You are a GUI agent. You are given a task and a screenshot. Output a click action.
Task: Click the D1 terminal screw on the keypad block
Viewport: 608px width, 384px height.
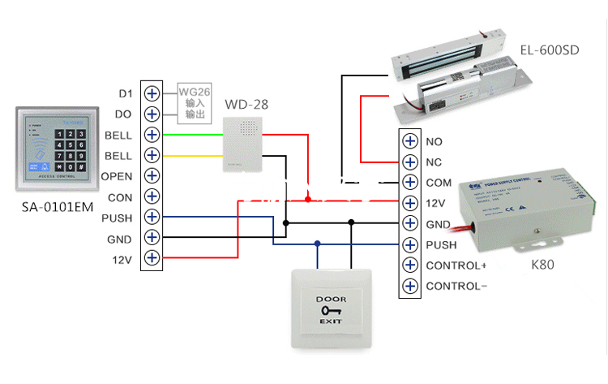pos(152,93)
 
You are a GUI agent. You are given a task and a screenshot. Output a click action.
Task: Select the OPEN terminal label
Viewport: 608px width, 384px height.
pos(117,176)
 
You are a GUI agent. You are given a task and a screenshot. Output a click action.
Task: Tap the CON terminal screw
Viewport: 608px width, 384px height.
pos(152,197)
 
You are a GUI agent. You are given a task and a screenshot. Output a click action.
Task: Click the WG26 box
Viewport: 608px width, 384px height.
pos(195,103)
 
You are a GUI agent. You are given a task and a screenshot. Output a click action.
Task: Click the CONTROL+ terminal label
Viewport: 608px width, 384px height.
pos(456,265)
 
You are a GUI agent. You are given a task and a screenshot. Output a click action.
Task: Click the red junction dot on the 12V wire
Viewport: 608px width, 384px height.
pos(307,199)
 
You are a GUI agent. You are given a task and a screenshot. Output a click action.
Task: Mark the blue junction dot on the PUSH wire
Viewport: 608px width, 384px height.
pos(317,243)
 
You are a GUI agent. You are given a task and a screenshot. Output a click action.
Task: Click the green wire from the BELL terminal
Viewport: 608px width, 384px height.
pos(195,135)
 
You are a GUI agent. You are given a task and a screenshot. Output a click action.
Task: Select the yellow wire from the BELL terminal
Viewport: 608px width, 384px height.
pos(195,155)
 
